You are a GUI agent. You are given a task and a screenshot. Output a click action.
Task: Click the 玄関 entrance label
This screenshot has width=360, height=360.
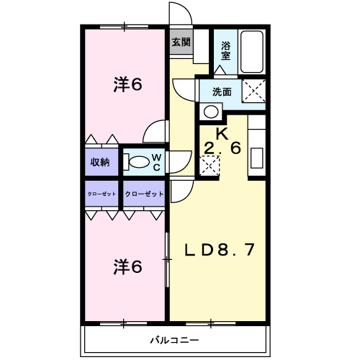pyautogui.click(x=181, y=42)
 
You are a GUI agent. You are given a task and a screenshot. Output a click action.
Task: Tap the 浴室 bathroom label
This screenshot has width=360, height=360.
pyautogui.click(x=225, y=50)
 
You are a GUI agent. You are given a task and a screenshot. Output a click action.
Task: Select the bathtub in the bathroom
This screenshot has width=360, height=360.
pyautogui.click(x=252, y=52)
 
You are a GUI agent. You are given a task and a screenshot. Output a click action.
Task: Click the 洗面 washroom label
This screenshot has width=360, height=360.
pyautogui.click(x=222, y=92)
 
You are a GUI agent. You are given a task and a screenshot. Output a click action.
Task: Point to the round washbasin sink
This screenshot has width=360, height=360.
pyautogui.click(x=211, y=112)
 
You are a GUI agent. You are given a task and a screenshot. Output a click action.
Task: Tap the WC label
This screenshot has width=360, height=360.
pyautogui.click(x=156, y=163)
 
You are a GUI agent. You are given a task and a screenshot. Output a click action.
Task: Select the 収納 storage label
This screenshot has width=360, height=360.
pyautogui.click(x=100, y=162)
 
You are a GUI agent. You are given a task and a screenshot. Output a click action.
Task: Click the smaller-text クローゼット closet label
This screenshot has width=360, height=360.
pyautogui.click(x=102, y=194)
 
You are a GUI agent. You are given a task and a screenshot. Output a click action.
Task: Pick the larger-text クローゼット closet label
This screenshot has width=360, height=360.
pyautogui.click(x=144, y=194)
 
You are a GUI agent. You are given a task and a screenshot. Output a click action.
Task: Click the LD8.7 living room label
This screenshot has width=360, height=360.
pyautogui.click(x=219, y=250)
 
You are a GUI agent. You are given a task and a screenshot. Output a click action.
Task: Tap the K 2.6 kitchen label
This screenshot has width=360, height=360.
pyautogui.click(x=222, y=141)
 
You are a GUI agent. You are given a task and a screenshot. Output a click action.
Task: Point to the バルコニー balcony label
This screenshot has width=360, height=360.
pyautogui.click(x=174, y=340)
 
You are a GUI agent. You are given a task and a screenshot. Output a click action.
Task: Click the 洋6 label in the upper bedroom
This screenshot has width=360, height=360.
pyautogui.click(x=128, y=84)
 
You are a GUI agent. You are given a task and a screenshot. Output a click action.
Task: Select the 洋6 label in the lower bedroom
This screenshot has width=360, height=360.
pyautogui.click(x=128, y=267)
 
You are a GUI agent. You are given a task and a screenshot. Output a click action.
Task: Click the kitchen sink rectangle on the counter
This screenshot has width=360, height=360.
pyautogui.click(x=257, y=158)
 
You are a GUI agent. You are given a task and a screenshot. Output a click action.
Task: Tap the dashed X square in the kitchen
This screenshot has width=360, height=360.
pyautogui.click(x=210, y=166)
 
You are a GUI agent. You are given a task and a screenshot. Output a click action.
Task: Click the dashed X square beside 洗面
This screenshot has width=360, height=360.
pyautogui.click(x=253, y=91)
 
